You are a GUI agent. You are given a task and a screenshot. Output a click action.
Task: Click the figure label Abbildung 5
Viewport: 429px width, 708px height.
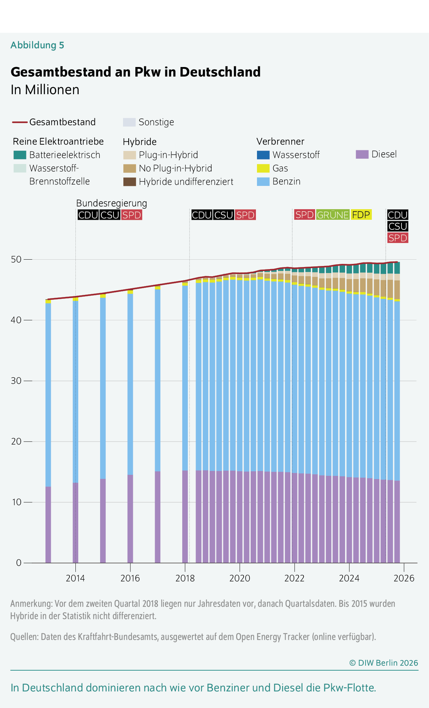(37, 45)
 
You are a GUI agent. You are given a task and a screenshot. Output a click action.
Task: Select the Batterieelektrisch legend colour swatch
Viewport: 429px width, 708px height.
(20, 155)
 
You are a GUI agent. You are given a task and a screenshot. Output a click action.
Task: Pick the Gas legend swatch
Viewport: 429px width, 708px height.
(263, 168)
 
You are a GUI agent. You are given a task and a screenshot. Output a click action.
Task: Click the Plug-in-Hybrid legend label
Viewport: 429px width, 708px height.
(168, 155)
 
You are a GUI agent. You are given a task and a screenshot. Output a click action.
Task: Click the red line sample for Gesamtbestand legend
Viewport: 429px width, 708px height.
(20, 122)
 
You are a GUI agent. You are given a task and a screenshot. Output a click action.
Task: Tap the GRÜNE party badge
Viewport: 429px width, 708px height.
(333, 215)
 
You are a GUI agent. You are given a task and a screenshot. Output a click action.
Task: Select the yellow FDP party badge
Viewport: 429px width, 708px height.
(361, 215)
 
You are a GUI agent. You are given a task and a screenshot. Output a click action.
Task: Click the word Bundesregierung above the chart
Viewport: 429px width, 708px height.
(111, 203)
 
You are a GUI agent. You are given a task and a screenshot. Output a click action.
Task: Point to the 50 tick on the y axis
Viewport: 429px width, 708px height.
(16, 259)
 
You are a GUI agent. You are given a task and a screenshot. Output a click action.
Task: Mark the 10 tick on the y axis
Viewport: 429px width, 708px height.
(16, 502)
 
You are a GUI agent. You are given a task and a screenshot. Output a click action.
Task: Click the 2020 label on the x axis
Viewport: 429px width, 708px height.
(240, 578)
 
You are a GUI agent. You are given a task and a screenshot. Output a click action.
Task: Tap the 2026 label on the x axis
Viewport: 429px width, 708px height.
(404, 578)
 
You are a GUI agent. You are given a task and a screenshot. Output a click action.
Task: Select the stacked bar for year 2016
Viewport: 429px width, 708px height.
(130, 423)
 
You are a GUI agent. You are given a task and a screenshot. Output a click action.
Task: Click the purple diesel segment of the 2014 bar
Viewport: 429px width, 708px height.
(75, 522)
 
